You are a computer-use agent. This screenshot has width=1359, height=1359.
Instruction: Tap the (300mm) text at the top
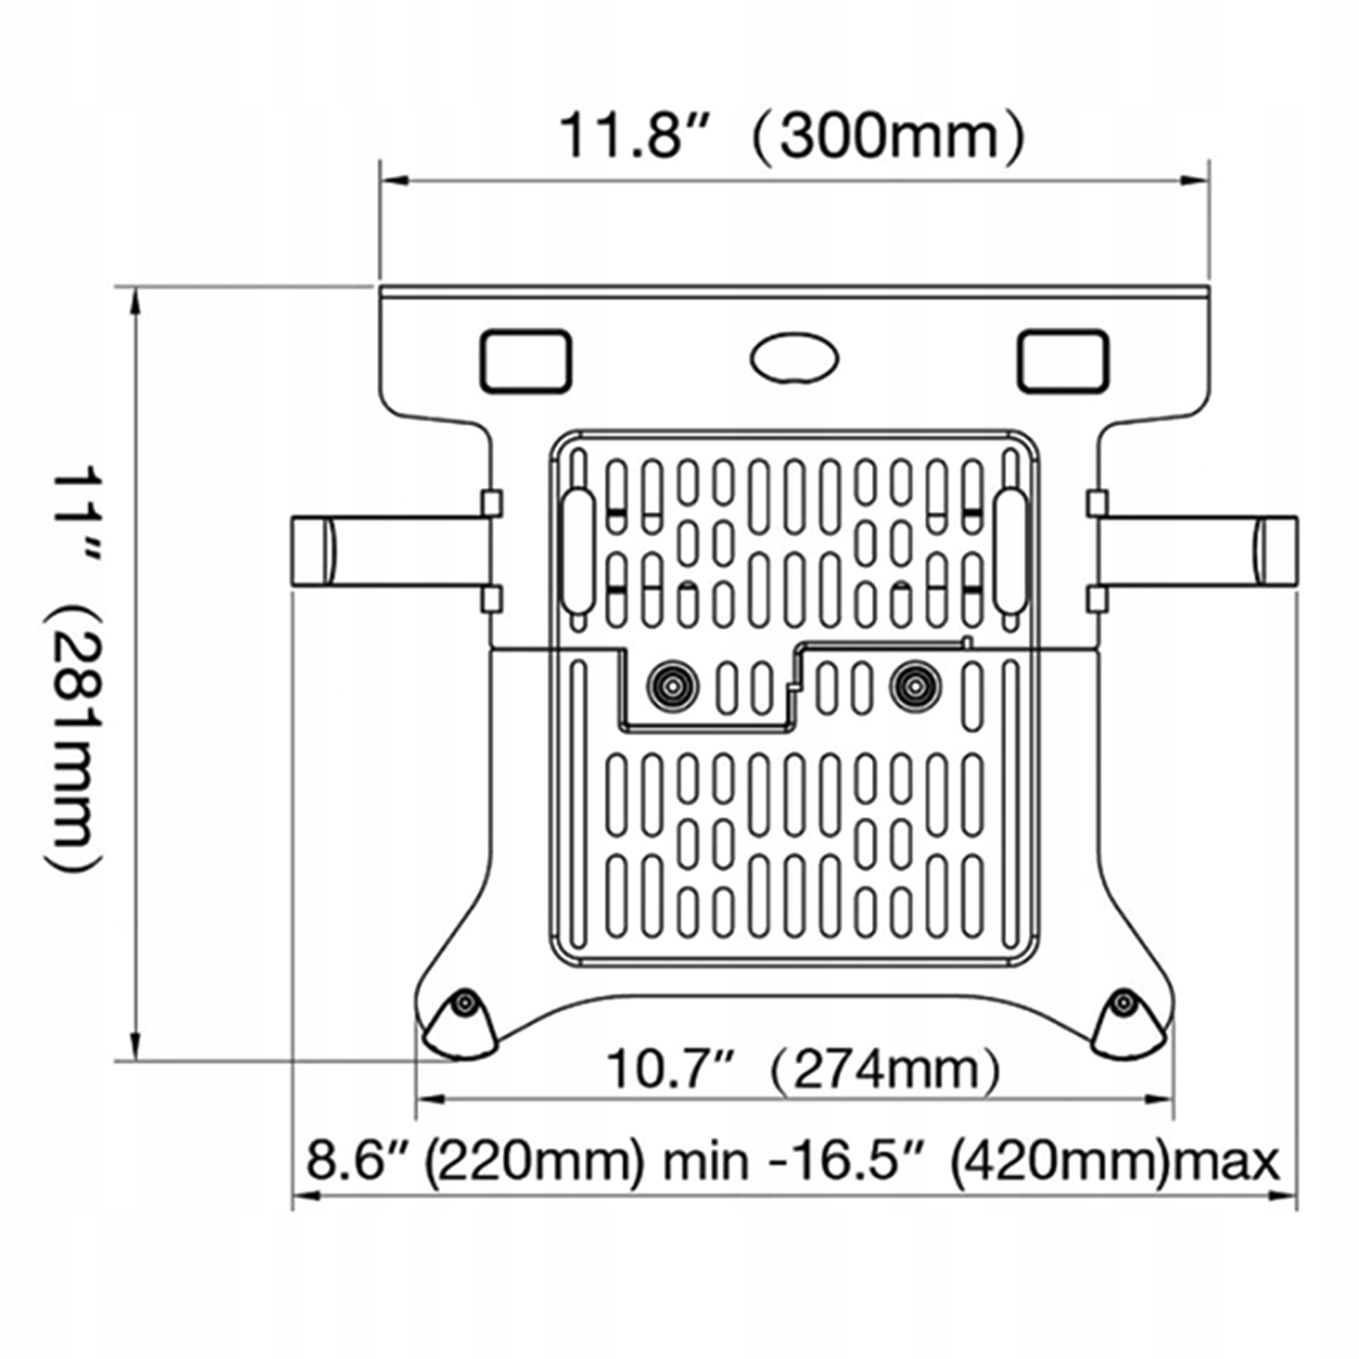click(x=889, y=137)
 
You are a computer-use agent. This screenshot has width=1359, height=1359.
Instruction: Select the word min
click(x=706, y=1162)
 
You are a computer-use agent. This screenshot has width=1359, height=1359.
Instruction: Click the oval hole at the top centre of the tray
click(x=794, y=359)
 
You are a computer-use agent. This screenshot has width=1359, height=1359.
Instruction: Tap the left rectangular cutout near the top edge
click(x=525, y=362)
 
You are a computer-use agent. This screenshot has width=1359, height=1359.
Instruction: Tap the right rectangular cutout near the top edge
click(x=1063, y=362)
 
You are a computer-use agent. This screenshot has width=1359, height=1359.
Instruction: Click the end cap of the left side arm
click(x=312, y=551)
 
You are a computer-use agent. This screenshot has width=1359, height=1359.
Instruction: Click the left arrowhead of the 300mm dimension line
click(x=393, y=181)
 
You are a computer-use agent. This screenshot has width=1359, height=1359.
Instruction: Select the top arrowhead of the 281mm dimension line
click(x=136, y=301)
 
